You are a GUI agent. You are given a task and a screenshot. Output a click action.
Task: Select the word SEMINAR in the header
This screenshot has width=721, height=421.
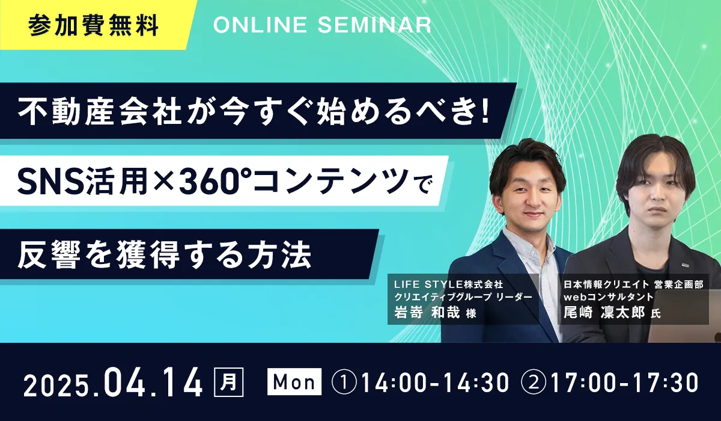[375, 25]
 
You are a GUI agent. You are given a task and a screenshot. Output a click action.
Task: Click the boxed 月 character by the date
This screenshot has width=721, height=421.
[229, 382]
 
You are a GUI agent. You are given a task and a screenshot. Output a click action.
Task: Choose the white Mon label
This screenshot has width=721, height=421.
[294, 382]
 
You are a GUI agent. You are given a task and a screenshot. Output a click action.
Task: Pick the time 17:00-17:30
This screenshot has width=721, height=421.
[625, 383]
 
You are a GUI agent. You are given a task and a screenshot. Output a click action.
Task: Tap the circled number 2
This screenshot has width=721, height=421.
[534, 383]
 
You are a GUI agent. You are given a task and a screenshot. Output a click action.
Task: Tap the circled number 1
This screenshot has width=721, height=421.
[344, 383]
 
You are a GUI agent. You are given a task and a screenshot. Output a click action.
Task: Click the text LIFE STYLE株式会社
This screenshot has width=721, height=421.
[449, 284]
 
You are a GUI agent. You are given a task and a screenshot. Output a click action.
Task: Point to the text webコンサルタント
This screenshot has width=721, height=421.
[608, 297]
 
